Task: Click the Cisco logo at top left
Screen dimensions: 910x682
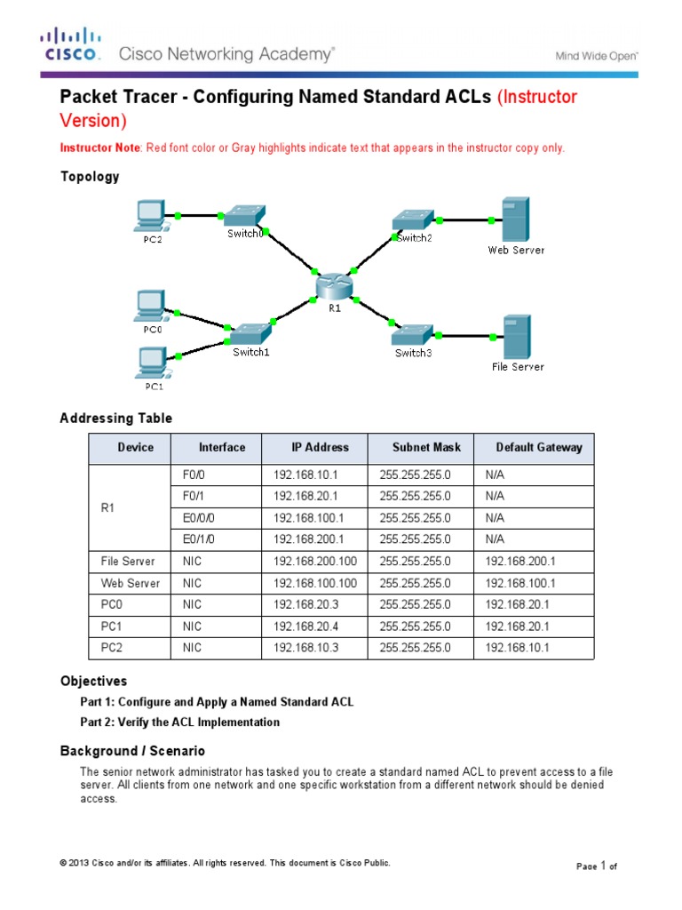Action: pyautogui.click(x=68, y=45)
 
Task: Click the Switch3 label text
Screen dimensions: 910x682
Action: pyautogui.click(x=414, y=353)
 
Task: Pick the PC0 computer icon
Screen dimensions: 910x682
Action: pyautogui.click(x=149, y=307)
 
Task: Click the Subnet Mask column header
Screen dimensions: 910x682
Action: pyautogui.click(x=420, y=447)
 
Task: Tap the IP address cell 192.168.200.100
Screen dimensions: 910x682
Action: pyautogui.click(x=314, y=562)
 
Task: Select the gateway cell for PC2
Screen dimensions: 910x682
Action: pyautogui.click(x=518, y=648)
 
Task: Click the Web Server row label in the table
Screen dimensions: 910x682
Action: pyautogui.click(x=130, y=583)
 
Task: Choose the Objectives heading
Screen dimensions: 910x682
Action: pyautogui.click(x=93, y=681)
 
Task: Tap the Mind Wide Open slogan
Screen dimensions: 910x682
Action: pyautogui.click(x=597, y=55)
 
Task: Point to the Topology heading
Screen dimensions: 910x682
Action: pyautogui.click(x=89, y=176)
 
